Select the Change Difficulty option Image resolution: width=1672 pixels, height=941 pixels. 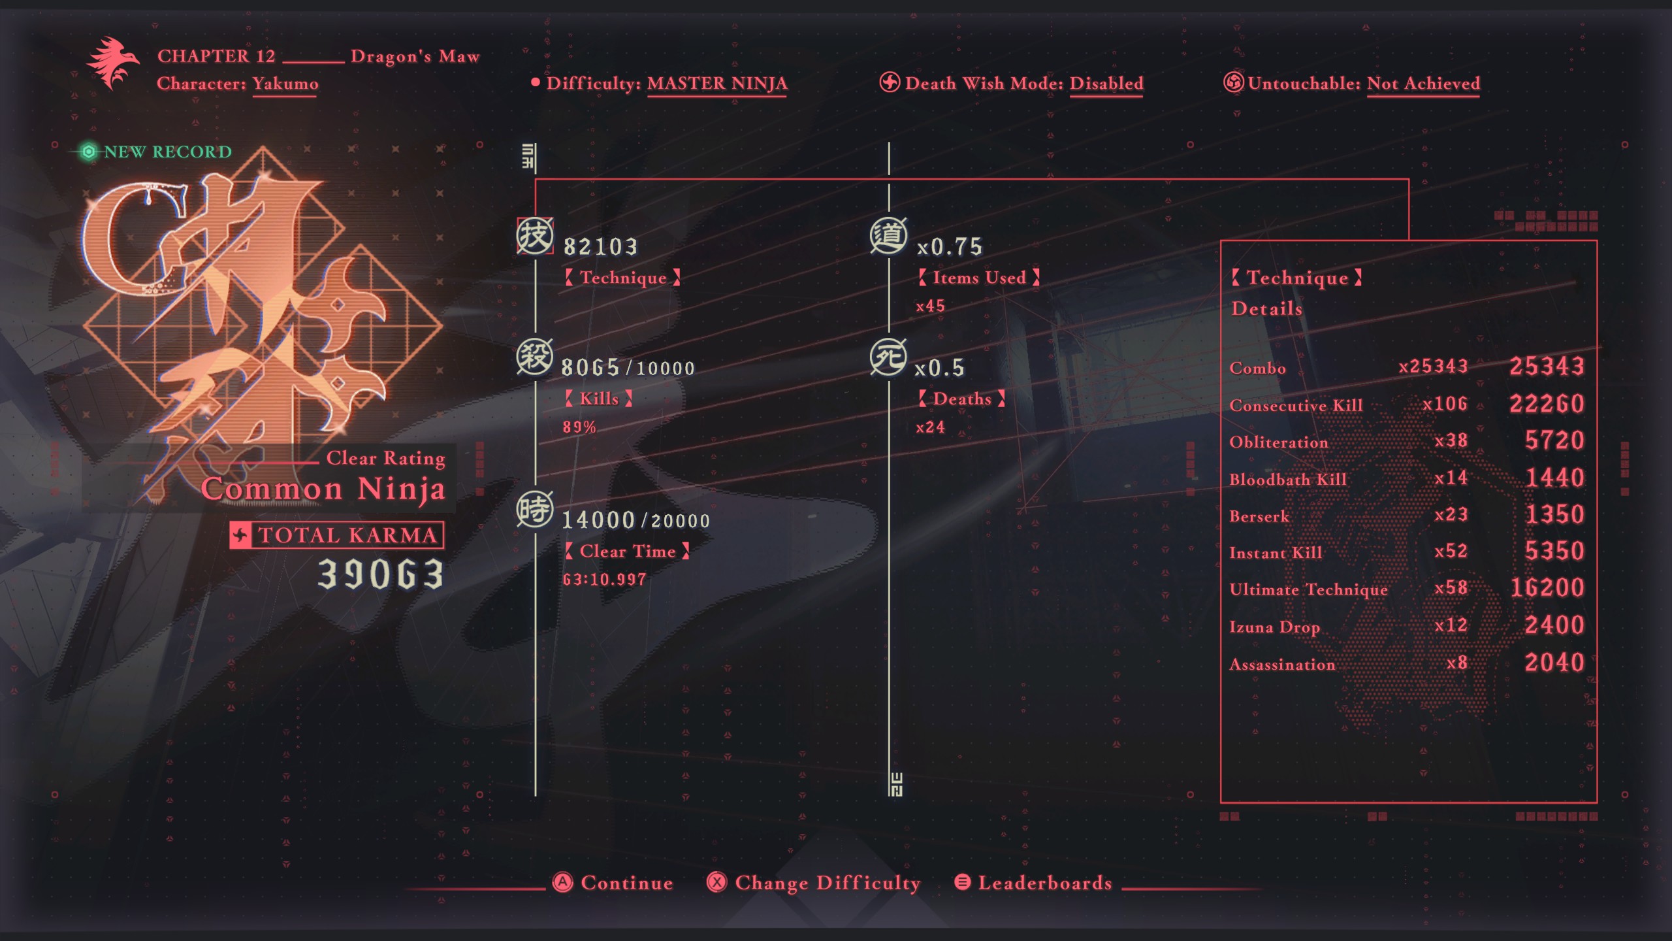coord(814,883)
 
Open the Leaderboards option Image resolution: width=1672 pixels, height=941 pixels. coord(1034,883)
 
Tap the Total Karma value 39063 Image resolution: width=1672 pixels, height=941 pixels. coord(381,574)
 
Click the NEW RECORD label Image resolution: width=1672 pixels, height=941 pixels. coord(167,152)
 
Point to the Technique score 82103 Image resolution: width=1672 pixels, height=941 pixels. coord(600,246)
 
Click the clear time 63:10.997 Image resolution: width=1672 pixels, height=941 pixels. coord(604,579)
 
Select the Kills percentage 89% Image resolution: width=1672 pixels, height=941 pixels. coord(579,427)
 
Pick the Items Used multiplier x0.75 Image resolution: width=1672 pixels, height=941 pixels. coord(949,246)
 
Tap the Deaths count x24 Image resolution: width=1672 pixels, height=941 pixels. coord(930,427)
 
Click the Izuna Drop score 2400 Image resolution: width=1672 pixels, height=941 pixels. coord(1554,625)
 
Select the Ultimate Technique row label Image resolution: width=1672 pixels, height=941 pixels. coord(1308,589)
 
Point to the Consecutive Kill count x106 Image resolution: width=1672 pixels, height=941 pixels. coord(1445,404)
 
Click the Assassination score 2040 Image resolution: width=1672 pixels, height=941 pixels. coord(1554,663)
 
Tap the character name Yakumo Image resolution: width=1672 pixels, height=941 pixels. coord(285,84)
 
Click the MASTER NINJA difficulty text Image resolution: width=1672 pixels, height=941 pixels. coord(717,84)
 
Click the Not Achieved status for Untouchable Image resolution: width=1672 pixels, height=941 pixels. coord(1423,84)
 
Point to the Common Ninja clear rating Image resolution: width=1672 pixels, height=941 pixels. coord(323,488)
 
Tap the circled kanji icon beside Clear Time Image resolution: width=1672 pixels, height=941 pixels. coord(535,510)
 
